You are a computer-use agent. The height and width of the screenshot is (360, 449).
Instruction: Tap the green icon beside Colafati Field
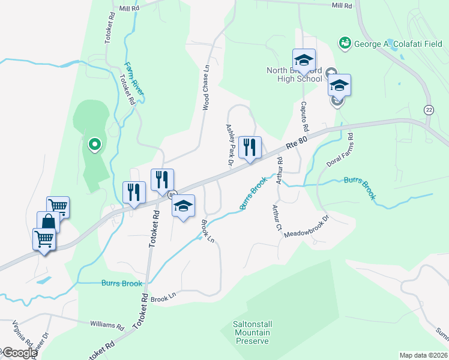(345, 43)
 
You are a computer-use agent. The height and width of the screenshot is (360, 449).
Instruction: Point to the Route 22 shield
(428, 110)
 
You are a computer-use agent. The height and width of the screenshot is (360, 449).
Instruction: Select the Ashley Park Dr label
(229, 145)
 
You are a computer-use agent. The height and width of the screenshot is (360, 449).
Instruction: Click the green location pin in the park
(94, 144)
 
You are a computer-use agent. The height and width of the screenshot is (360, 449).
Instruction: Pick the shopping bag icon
(48, 222)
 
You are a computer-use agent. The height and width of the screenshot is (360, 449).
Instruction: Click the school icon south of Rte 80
(183, 206)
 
